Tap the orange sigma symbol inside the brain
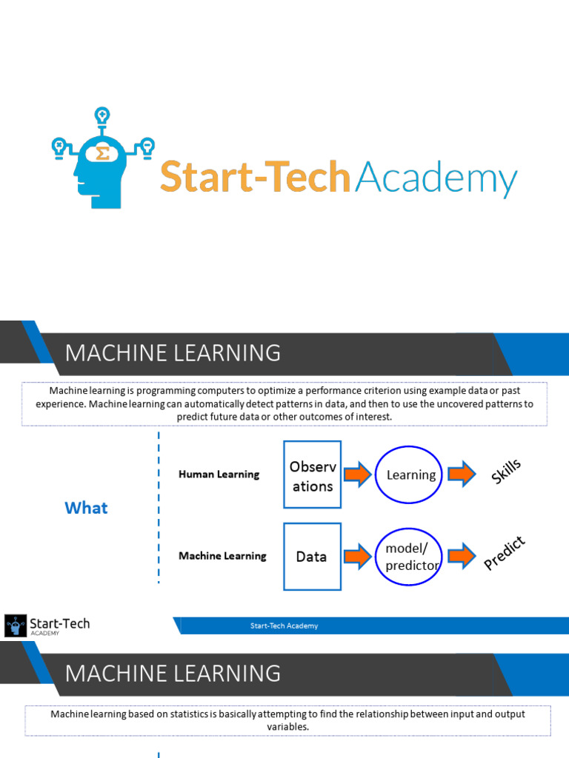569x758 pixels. click(x=103, y=154)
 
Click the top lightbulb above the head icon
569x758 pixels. click(x=102, y=116)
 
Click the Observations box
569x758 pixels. click(x=312, y=474)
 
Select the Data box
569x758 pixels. click(x=312, y=557)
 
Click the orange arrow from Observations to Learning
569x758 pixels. click(x=358, y=474)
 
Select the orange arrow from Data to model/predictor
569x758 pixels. click(x=358, y=557)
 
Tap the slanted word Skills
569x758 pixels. click(x=507, y=472)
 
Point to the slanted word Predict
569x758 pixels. click(x=505, y=554)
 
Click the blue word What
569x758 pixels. click(x=86, y=508)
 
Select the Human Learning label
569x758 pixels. click(x=219, y=474)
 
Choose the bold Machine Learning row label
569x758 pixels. click(x=222, y=556)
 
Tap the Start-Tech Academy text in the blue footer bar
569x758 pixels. click(x=284, y=626)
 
